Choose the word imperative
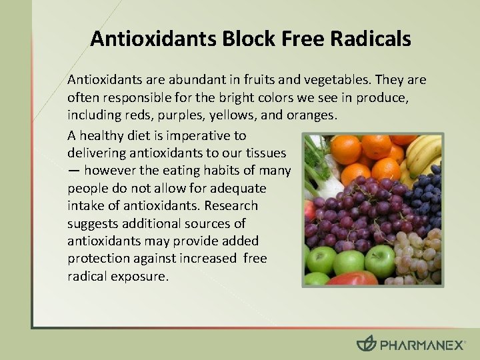(189, 136)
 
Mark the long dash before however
(73, 171)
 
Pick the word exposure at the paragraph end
(141, 275)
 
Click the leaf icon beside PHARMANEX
(366, 344)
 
